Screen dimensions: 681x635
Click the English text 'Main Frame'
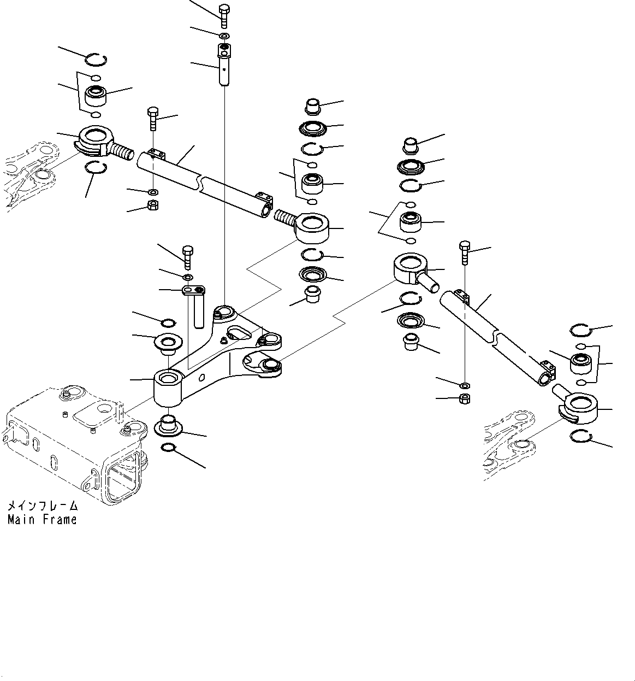point(42,520)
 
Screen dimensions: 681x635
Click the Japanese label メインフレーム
point(42,506)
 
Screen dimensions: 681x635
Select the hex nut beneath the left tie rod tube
point(153,206)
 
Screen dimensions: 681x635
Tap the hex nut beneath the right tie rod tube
point(465,398)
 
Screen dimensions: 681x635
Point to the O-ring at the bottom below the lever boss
point(169,449)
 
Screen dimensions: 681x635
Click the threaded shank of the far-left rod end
point(122,150)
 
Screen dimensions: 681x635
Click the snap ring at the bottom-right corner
point(581,436)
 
